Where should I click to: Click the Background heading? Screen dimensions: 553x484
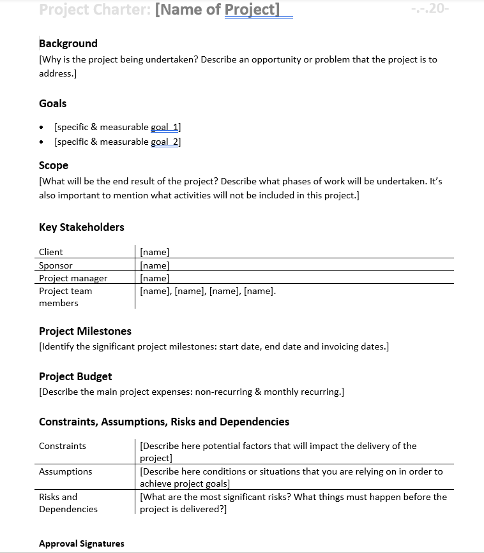68,43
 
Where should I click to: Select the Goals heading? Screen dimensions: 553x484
52,103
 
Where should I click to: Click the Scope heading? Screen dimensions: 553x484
54,165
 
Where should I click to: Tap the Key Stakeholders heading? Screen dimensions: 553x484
82,227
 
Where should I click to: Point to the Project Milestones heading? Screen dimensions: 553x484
85,331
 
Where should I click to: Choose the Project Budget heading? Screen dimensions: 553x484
75,376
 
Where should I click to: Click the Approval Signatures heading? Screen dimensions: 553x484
82,543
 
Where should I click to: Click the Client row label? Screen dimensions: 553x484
51,252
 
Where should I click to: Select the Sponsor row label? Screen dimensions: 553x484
56,265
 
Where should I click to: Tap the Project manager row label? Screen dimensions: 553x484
73,278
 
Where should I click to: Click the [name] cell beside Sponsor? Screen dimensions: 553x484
155,265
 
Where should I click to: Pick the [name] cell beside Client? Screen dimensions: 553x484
155,252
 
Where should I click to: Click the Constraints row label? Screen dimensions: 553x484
63,446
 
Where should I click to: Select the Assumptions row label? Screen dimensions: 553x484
65,471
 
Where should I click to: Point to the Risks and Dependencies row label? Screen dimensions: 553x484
68,503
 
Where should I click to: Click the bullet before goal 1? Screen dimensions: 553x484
42,128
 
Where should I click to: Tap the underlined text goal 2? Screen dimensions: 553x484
165,142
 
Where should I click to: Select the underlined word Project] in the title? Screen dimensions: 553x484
252,10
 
